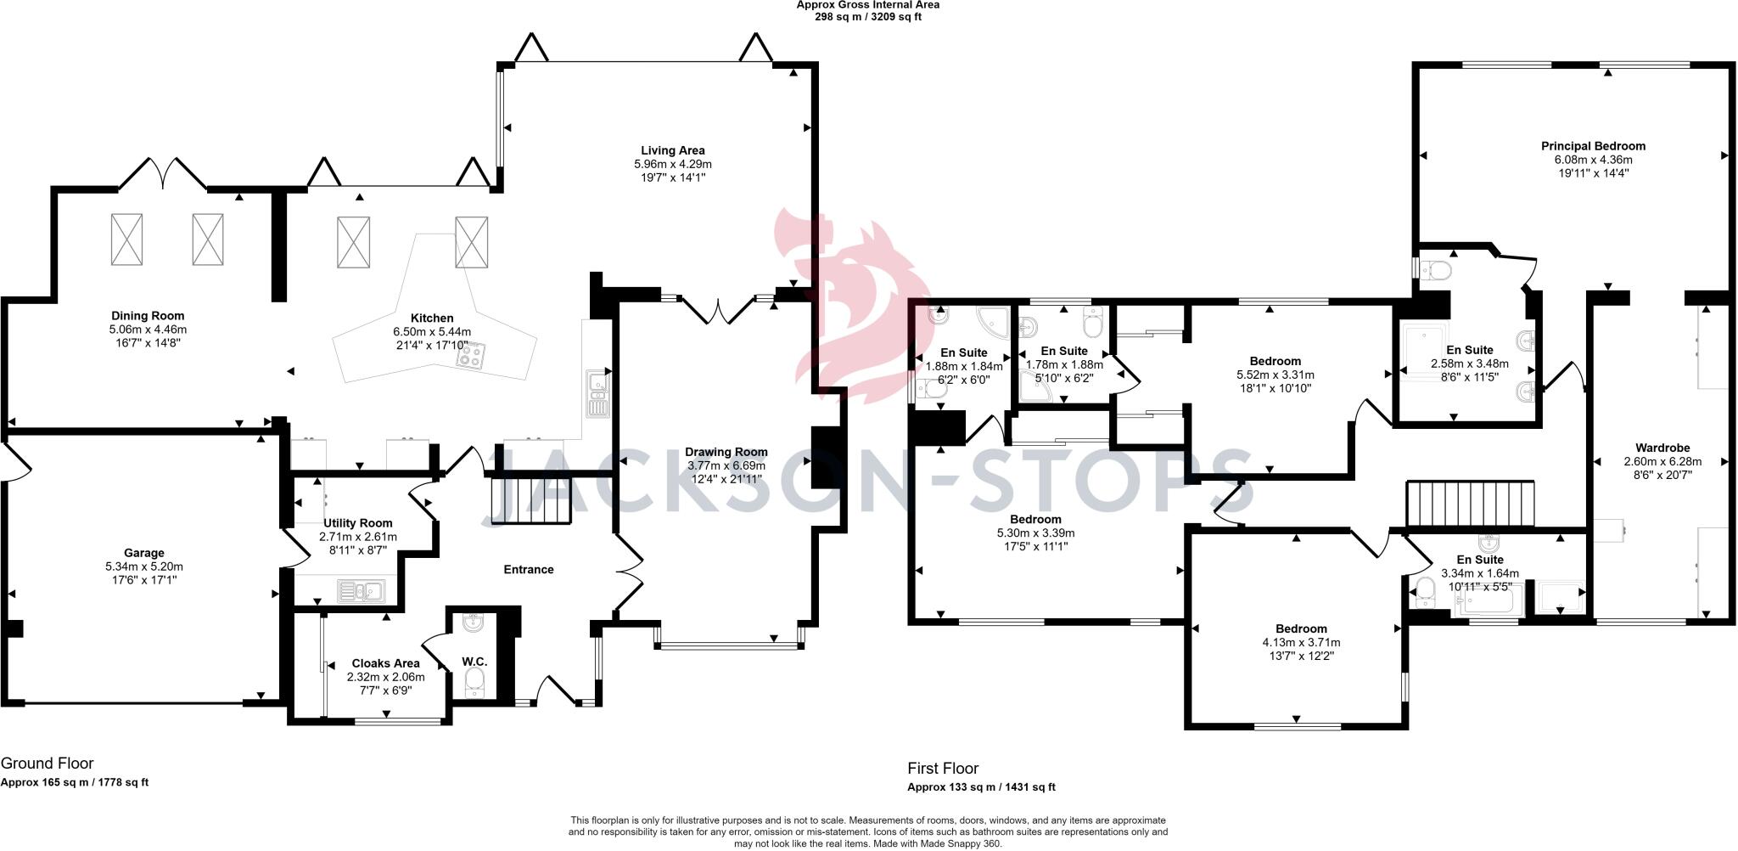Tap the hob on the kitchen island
tap(471, 356)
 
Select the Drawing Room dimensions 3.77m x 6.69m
tap(726, 465)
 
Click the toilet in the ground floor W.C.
tap(475, 680)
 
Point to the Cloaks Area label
tap(385, 663)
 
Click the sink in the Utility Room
tap(361, 590)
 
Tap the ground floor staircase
tap(530, 501)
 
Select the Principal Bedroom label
tap(1593, 146)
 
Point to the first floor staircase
tap(1471, 503)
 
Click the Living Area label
tap(672, 150)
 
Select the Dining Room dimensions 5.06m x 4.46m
tap(148, 330)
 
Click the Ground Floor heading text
tap(47, 764)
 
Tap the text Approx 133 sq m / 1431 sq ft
tap(981, 787)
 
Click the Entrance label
tap(528, 569)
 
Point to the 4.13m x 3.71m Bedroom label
tap(1300, 628)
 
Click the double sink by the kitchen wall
tap(597, 396)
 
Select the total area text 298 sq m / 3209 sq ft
tap(866, 16)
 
